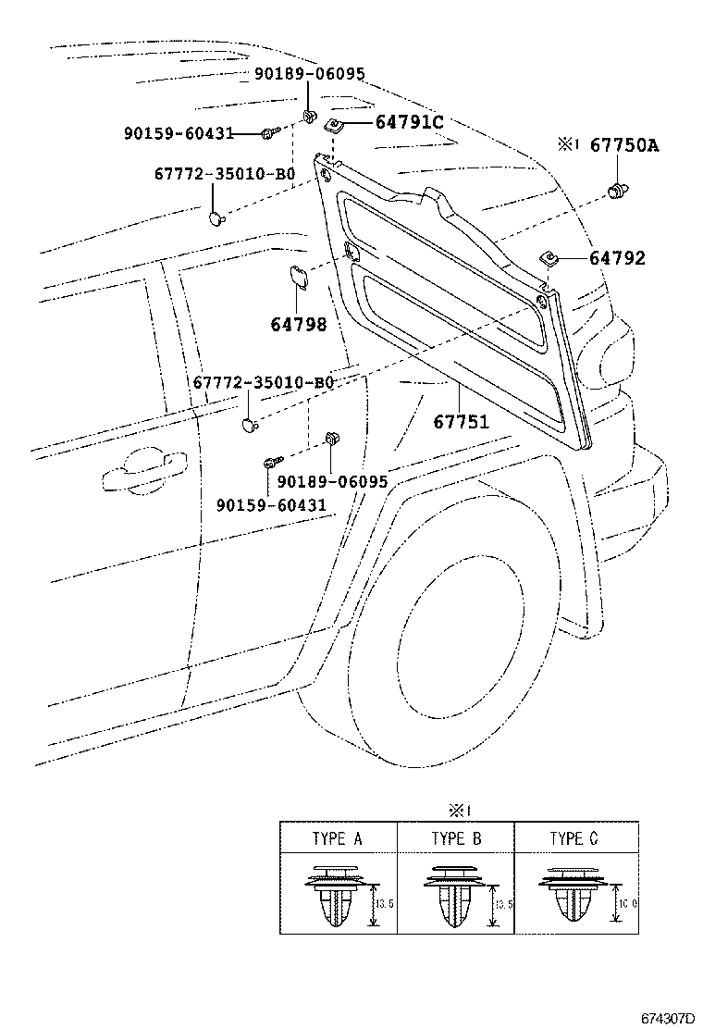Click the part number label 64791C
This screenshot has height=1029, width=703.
409,122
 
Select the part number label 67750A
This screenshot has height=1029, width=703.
624,144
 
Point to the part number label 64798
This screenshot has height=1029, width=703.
299,324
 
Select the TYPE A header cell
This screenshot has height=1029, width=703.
338,839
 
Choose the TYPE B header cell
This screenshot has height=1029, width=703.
456,839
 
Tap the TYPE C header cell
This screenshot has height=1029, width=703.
573,839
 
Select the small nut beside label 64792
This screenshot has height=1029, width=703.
549,260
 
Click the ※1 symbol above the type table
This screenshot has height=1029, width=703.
460,811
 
